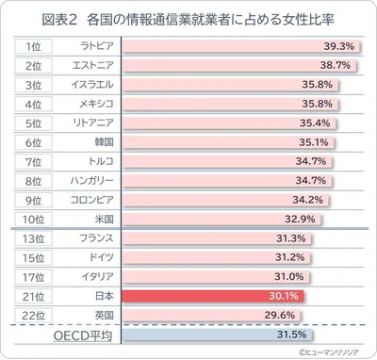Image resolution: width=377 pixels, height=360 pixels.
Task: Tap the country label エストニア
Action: [x=95, y=65]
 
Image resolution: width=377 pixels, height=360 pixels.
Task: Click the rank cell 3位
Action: [x=33, y=85]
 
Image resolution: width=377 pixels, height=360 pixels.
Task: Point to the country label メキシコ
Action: [x=95, y=104]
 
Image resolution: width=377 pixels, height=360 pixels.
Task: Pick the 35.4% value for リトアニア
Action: [x=312, y=123]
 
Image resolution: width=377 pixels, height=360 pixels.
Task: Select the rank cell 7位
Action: [x=33, y=161]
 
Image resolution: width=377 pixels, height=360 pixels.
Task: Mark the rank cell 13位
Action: [x=33, y=238]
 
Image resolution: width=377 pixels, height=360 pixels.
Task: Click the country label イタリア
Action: [x=95, y=276]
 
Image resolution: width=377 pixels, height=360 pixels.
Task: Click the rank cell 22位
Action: [x=33, y=315]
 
